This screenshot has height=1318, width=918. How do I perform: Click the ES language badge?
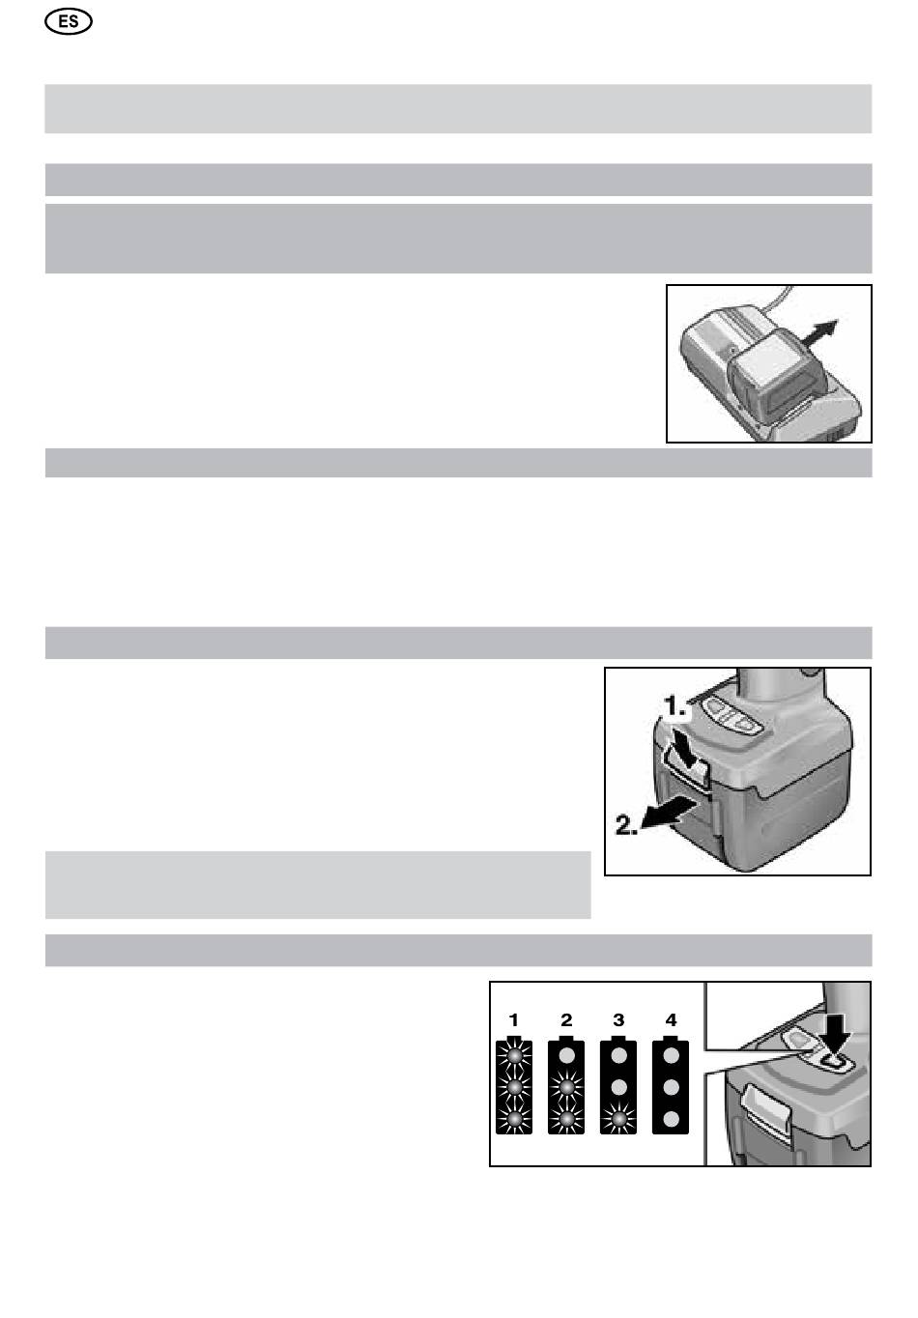tap(69, 22)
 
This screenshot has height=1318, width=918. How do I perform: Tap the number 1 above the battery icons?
tap(514, 1019)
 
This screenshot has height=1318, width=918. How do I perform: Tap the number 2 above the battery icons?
tap(566, 1019)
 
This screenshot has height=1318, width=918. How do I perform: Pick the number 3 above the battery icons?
tap(618, 1019)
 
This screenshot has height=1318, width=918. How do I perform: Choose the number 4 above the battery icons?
tap(671, 1019)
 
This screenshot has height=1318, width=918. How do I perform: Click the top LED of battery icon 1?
tap(514, 1055)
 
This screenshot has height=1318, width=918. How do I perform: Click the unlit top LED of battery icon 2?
tap(566, 1055)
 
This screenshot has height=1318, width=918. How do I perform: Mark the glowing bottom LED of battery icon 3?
tap(618, 1119)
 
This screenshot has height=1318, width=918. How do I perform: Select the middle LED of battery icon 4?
tap(671, 1087)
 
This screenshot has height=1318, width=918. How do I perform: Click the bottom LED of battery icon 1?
tap(514, 1119)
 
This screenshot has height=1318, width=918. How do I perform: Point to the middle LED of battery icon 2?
tap(566, 1087)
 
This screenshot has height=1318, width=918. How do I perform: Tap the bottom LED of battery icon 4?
tap(671, 1119)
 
